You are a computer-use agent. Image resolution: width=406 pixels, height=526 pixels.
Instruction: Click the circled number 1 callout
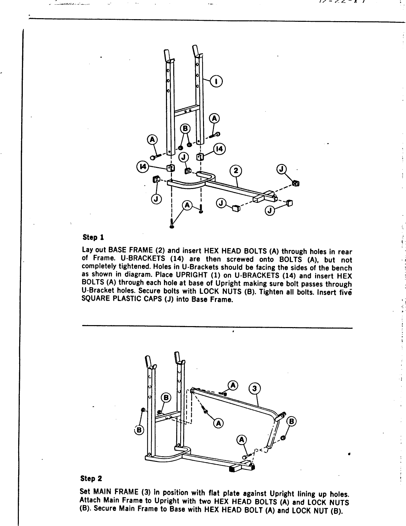(x=217, y=81)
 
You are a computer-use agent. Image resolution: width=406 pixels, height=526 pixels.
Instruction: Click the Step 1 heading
(x=93, y=237)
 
